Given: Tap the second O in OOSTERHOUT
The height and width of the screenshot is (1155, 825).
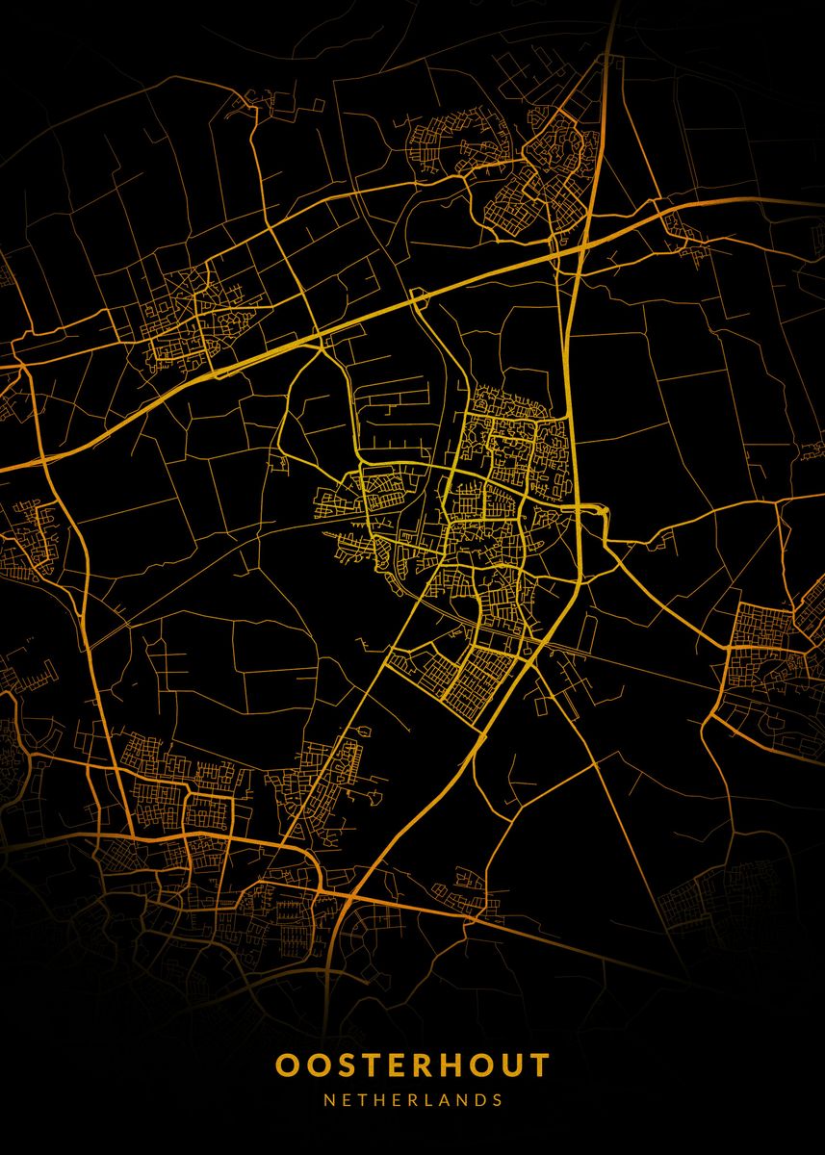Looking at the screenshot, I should tap(318, 1065).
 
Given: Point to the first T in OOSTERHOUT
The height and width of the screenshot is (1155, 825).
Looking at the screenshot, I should tap(373, 1065).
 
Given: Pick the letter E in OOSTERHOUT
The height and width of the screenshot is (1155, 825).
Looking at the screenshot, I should tap(399, 1065).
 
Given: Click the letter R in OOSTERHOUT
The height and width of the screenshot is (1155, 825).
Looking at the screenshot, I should tap(425, 1065).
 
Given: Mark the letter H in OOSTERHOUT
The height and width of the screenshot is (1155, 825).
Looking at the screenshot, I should tap(454, 1065).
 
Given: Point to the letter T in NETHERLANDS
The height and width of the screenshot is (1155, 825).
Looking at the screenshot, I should tap(364, 1099).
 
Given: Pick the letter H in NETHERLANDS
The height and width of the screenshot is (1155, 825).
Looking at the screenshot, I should tap(381, 1099).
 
